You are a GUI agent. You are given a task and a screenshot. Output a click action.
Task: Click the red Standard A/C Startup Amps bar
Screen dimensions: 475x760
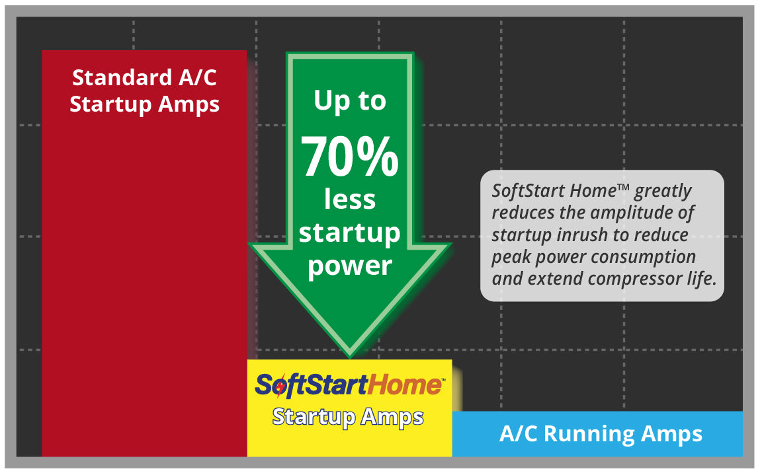(144, 277)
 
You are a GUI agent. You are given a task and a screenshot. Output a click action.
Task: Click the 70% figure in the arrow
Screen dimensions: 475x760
(350, 157)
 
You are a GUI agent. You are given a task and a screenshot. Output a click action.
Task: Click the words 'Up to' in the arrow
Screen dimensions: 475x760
(350, 100)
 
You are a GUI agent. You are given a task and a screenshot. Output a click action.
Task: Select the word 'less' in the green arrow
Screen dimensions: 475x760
(350, 200)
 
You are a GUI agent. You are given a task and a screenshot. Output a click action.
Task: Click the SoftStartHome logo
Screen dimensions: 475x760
(349, 384)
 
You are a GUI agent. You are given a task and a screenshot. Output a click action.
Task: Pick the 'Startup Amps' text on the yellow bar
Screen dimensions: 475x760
(348, 417)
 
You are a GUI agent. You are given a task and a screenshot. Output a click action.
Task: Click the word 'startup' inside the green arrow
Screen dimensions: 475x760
(350, 233)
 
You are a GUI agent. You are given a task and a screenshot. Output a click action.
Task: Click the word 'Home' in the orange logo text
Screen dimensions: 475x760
(409, 384)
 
